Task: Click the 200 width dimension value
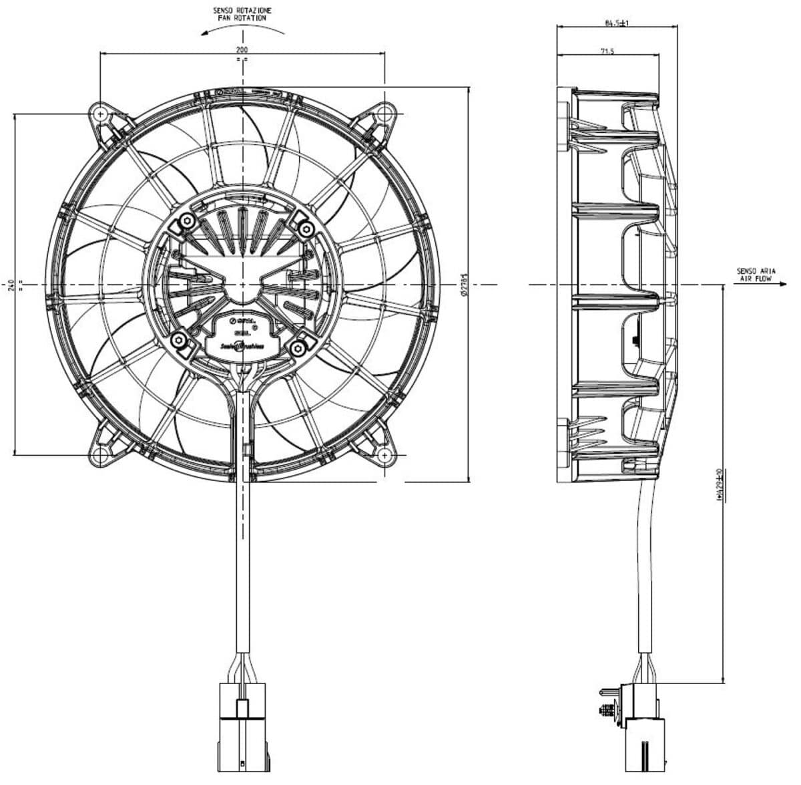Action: click(x=242, y=50)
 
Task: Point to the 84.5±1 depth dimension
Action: click(x=617, y=23)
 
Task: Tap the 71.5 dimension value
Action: click(x=607, y=51)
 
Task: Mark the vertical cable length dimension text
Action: click(x=719, y=484)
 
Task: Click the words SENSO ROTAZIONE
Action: click(x=242, y=11)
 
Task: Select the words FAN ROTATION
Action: click(x=242, y=19)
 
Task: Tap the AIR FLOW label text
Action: click(x=754, y=281)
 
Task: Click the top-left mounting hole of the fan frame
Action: click(x=101, y=114)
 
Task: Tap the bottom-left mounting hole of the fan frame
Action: click(x=101, y=455)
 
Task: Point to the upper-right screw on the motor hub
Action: click(x=306, y=230)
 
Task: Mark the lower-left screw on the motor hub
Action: click(x=180, y=341)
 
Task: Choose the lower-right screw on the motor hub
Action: click(x=302, y=346)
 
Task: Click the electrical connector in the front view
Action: click(x=242, y=725)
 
